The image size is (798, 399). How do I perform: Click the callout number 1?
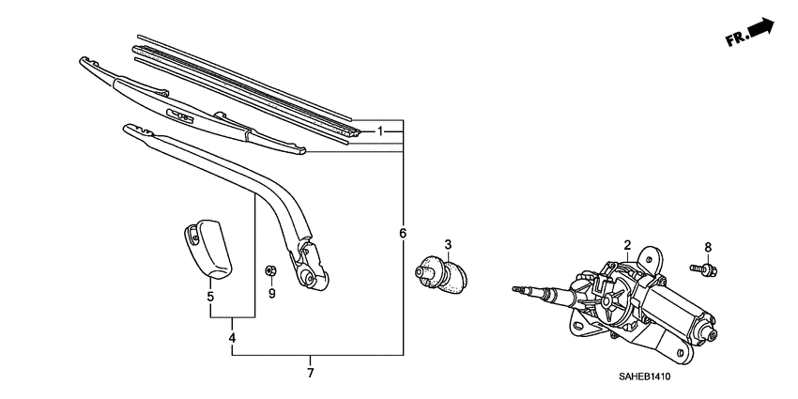coord(381,131)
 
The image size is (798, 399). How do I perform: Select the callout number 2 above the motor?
coord(626,246)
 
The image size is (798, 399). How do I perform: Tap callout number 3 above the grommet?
coord(448,245)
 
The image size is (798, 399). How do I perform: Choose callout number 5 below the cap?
coord(210,297)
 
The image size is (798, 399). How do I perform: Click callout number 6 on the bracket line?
coord(403,233)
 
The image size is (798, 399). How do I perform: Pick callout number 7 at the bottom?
coord(311,373)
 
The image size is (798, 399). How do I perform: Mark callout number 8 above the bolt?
coord(709,248)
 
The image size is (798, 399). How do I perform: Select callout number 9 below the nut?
coord(271,293)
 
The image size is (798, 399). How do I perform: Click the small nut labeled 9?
coord(270,271)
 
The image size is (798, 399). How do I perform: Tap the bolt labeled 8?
coord(706,270)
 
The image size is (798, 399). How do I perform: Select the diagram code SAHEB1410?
coord(645,377)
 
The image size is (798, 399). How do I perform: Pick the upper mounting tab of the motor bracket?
coord(649,256)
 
